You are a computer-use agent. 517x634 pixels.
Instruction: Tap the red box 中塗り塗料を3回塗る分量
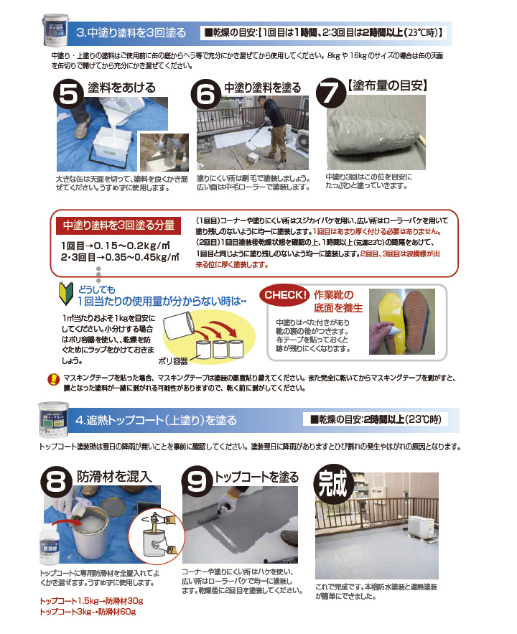(x=118, y=225)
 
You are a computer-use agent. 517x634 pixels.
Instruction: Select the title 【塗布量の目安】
(x=388, y=85)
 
